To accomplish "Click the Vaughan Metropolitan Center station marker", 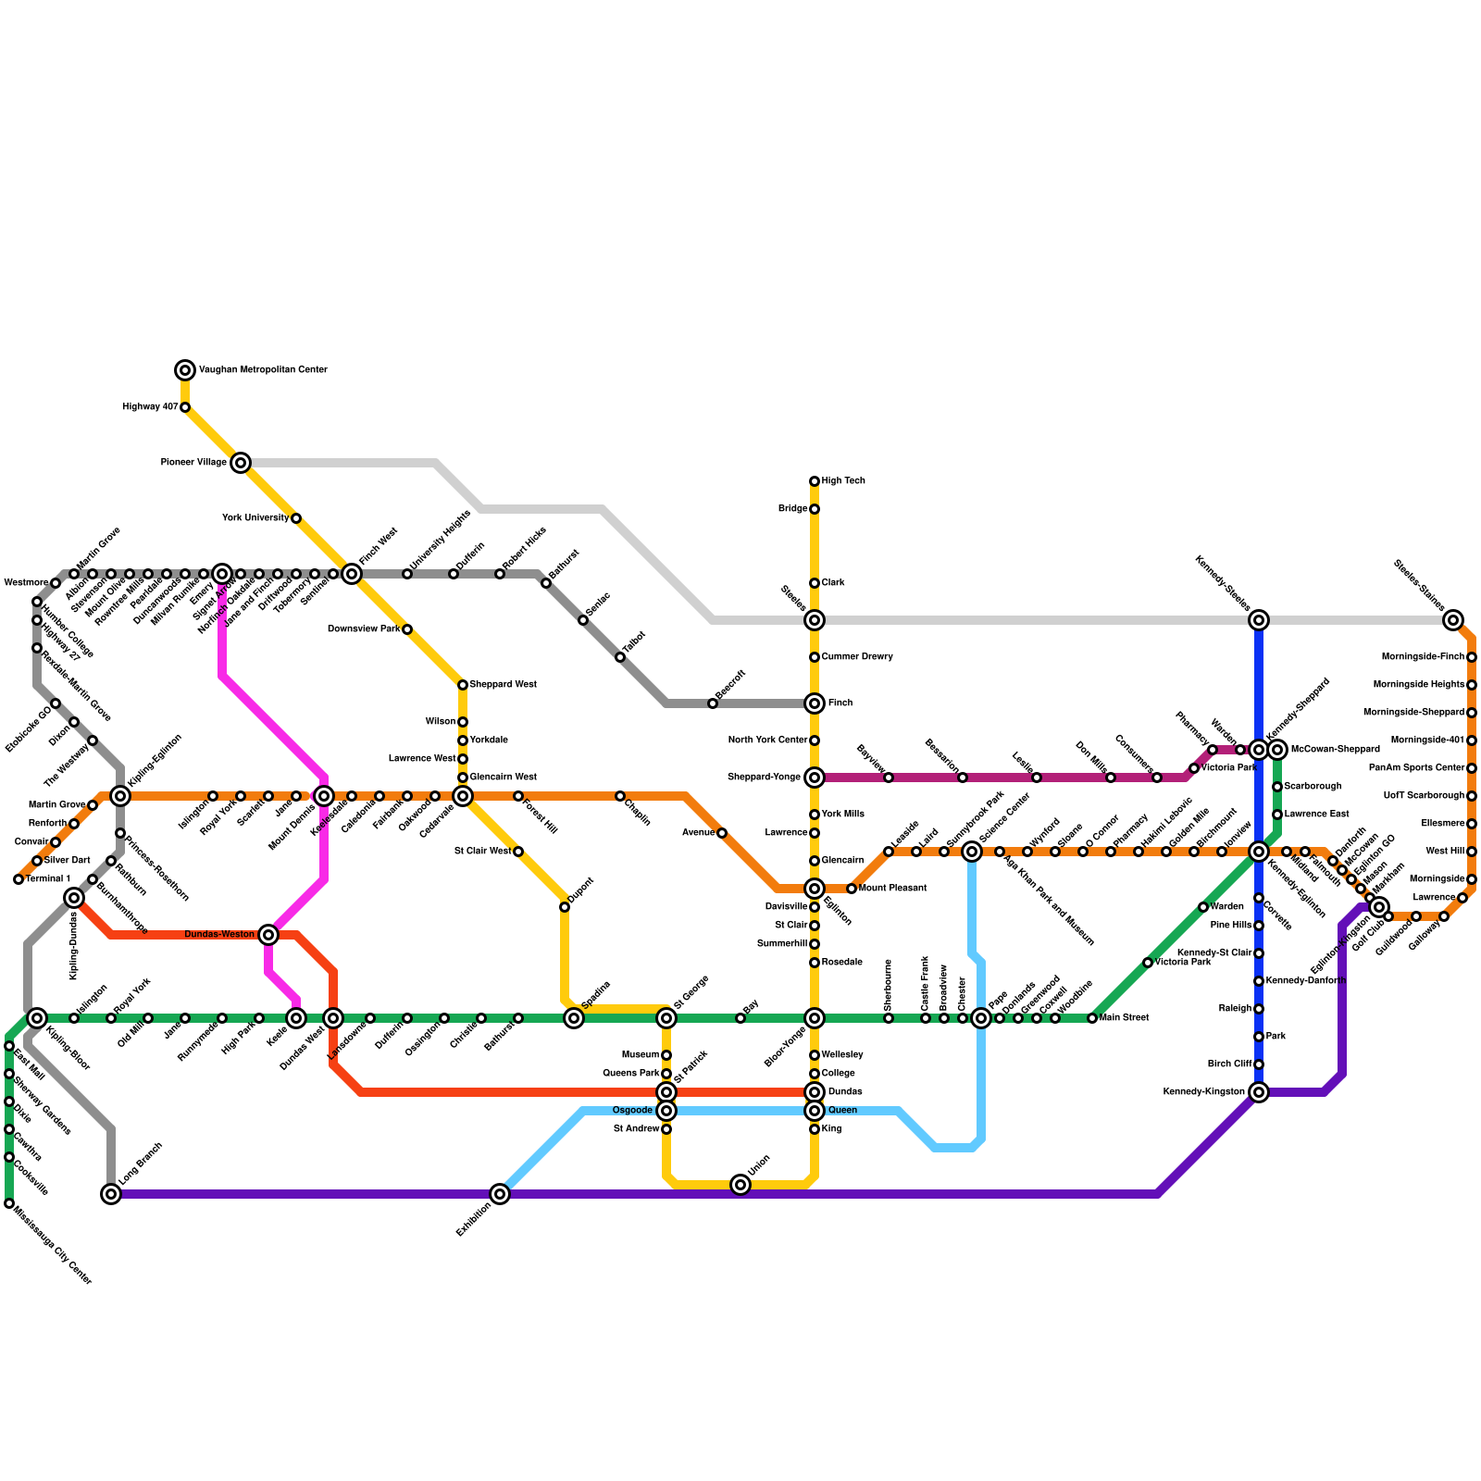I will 185,370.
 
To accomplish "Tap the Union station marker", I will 740,1185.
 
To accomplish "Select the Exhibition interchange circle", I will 500,1194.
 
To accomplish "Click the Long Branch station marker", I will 111,1194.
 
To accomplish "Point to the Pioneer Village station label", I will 193,463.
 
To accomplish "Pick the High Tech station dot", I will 815,481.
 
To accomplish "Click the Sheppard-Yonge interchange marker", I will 815,778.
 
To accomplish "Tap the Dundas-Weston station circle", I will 268,935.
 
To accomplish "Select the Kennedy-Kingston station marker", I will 1259,1092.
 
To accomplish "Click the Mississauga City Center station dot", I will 9,1203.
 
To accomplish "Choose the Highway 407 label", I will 150,407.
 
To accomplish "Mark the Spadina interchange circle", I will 574,1018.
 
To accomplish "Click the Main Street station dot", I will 1092,1018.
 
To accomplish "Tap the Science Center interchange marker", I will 972,852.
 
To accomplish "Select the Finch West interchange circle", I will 352,574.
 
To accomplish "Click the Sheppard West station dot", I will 463,685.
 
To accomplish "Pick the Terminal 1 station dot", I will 19,879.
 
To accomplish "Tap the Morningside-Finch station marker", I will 1472,657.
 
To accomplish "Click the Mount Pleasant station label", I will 892,889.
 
